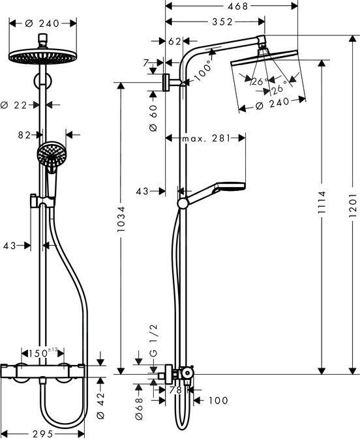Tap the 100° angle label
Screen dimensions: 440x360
coord(202,68)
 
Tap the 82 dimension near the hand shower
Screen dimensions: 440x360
coord(25,136)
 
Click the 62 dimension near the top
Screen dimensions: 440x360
coord(173,41)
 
